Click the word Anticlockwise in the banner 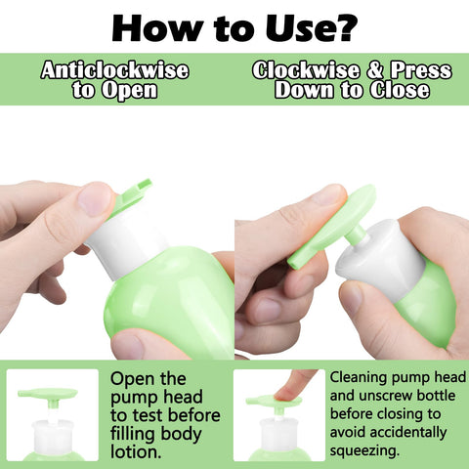115,70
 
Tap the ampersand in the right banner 375,70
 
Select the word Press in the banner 421,70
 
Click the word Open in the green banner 130,91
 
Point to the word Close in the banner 400,90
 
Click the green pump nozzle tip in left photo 145,185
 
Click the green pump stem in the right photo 355,234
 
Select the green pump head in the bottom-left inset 48,394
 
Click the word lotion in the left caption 136,452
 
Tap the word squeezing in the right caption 364,451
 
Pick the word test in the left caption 149,415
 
